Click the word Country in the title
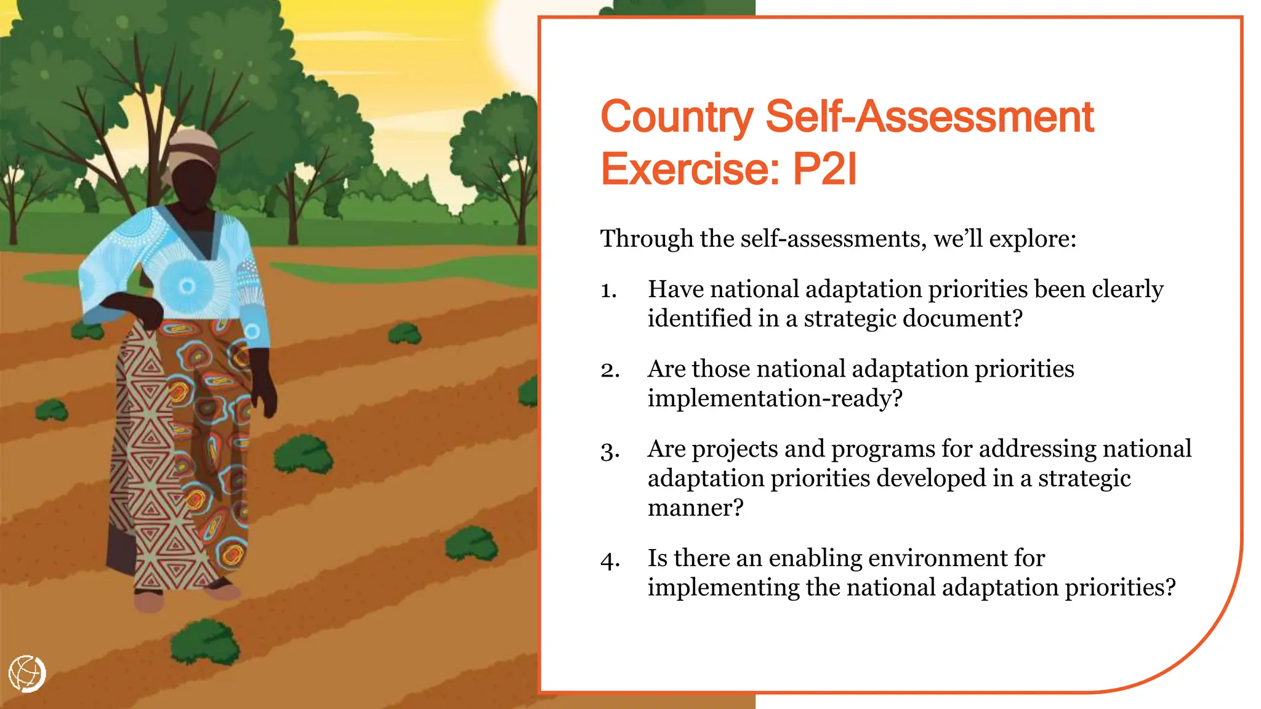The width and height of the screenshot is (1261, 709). pos(677,117)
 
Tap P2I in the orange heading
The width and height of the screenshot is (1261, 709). pos(824,169)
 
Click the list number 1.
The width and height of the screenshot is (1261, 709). pos(608,290)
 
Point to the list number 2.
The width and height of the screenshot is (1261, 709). pos(610,370)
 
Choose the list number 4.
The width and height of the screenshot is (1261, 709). pos(610,560)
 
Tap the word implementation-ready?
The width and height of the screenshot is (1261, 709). pos(775,399)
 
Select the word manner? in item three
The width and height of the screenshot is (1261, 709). pos(695,508)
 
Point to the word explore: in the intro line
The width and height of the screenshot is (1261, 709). pos(1033,239)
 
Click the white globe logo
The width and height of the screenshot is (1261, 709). pos(27,673)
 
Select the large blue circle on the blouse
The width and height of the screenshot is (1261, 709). pos(187,286)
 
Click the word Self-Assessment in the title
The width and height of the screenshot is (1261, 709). pos(929,117)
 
